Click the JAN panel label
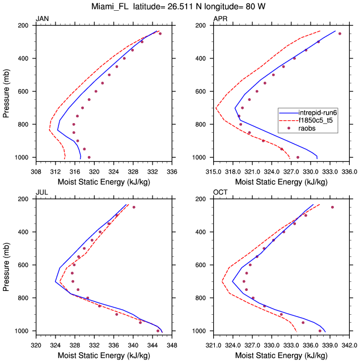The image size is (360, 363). point(42,19)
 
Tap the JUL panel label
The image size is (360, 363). point(41,193)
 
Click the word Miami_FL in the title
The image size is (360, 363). point(113,7)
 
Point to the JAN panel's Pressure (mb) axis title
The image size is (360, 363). point(7,91)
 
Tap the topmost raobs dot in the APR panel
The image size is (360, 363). point(340,33)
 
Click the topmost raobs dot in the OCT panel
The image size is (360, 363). point(332,207)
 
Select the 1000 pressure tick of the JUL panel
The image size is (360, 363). point(23,331)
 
